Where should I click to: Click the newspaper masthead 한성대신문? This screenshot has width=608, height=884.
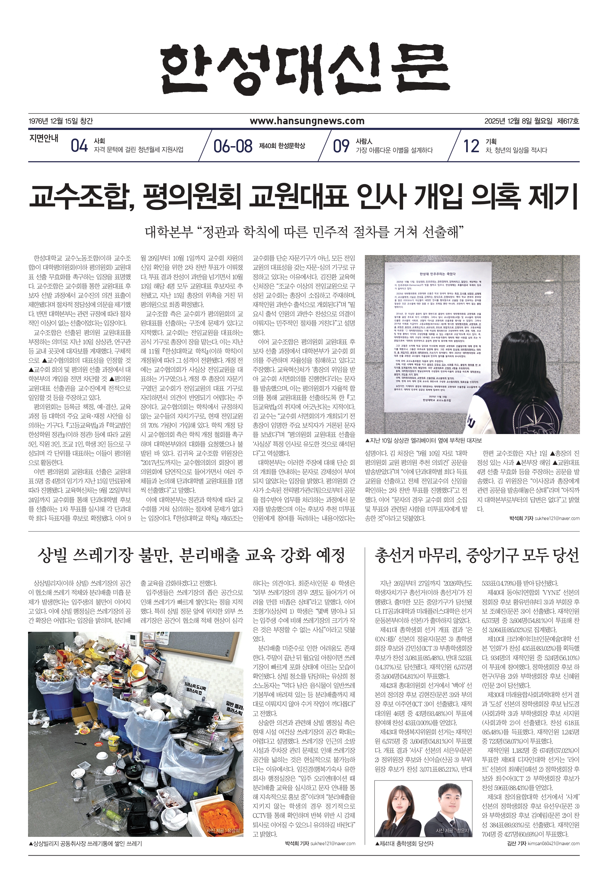tap(304, 70)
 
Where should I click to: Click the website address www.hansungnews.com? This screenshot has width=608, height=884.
tap(307, 121)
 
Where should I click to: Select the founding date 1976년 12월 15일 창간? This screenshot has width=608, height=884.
tap(61, 121)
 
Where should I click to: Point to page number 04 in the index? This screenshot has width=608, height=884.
tap(79, 146)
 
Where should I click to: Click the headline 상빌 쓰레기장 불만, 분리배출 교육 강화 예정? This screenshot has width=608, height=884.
tap(191, 555)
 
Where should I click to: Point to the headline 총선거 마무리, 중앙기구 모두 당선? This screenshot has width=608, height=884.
tap(477, 555)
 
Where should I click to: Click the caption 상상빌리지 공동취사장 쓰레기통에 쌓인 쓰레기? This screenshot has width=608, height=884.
tap(85, 844)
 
